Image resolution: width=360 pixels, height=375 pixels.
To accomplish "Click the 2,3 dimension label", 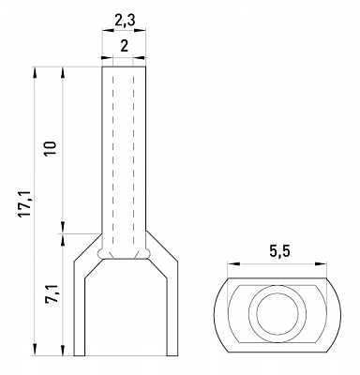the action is tap(125, 21).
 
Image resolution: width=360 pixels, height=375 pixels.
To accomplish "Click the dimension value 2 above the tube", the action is tap(124, 47).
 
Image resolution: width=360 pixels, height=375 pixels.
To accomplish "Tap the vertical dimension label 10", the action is tap(51, 148).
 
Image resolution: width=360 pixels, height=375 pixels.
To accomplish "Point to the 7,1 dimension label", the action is tap(51, 294).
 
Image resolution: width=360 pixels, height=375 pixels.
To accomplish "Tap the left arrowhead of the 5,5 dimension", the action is tap(233, 264).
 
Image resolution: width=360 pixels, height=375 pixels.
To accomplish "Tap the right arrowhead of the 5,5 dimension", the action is tap(322, 264).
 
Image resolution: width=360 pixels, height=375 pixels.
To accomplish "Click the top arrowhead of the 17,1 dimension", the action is tap(35, 73).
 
